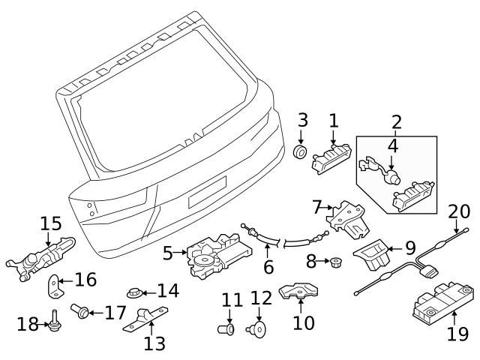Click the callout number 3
[x=302, y=120]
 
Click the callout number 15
[x=50, y=223]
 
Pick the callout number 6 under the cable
[x=268, y=266]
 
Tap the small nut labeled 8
[x=336, y=262]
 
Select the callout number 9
[x=409, y=247]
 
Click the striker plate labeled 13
[x=148, y=318]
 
